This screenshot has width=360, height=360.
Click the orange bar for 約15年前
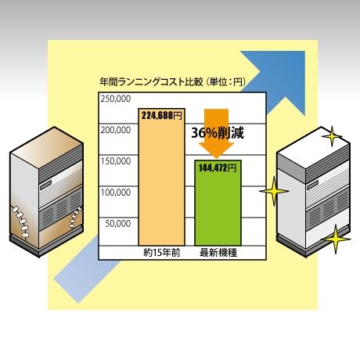click(161, 177)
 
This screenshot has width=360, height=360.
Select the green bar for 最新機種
click(218, 203)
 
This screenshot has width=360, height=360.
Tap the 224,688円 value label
click(162, 115)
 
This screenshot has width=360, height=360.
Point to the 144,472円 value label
click(218, 168)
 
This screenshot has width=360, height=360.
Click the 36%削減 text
click(218, 132)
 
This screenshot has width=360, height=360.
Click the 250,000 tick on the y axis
click(116, 99)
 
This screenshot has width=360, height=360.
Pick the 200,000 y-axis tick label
click(116, 130)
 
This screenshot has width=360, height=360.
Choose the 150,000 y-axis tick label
click(116, 161)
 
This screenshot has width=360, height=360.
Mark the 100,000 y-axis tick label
click(116, 193)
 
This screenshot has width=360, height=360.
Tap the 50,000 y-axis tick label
click(118, 223)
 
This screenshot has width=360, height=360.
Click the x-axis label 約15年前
click(162, 253)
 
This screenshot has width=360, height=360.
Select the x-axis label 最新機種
click(218, 253)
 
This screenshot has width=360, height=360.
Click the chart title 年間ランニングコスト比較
click(151, 82)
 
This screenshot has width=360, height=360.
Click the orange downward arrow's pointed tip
click(216, 158)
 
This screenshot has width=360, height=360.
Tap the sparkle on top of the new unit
click(332, 136)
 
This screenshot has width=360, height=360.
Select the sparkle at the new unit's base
click(336, 239)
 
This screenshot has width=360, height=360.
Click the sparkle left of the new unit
click(274, 191)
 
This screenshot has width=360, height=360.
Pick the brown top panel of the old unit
click(46, 142)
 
